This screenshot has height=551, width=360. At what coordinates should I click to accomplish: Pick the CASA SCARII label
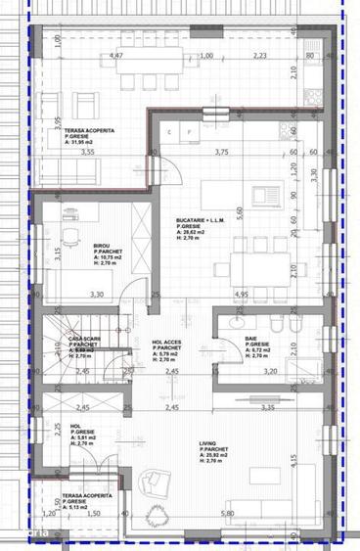click(83, 339)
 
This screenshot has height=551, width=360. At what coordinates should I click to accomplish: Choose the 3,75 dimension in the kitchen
click(221, 152)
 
